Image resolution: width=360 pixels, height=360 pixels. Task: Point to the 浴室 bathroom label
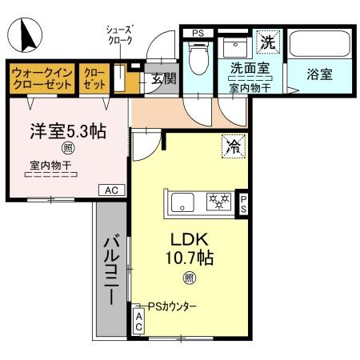tap(319, 74)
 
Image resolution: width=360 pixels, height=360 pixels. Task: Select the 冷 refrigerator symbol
tap(233, 146)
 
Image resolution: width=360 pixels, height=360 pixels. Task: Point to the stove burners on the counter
tap(218, 202)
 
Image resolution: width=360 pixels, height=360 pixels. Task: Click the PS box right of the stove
tap(243, 203)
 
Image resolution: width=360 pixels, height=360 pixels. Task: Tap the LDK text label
tap(189, 239)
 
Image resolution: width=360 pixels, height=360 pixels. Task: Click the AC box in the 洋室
tap(111, 190)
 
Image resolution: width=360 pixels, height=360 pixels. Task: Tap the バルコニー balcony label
tap(112, 268)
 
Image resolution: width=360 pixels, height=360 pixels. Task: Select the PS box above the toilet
tap(197, 33)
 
